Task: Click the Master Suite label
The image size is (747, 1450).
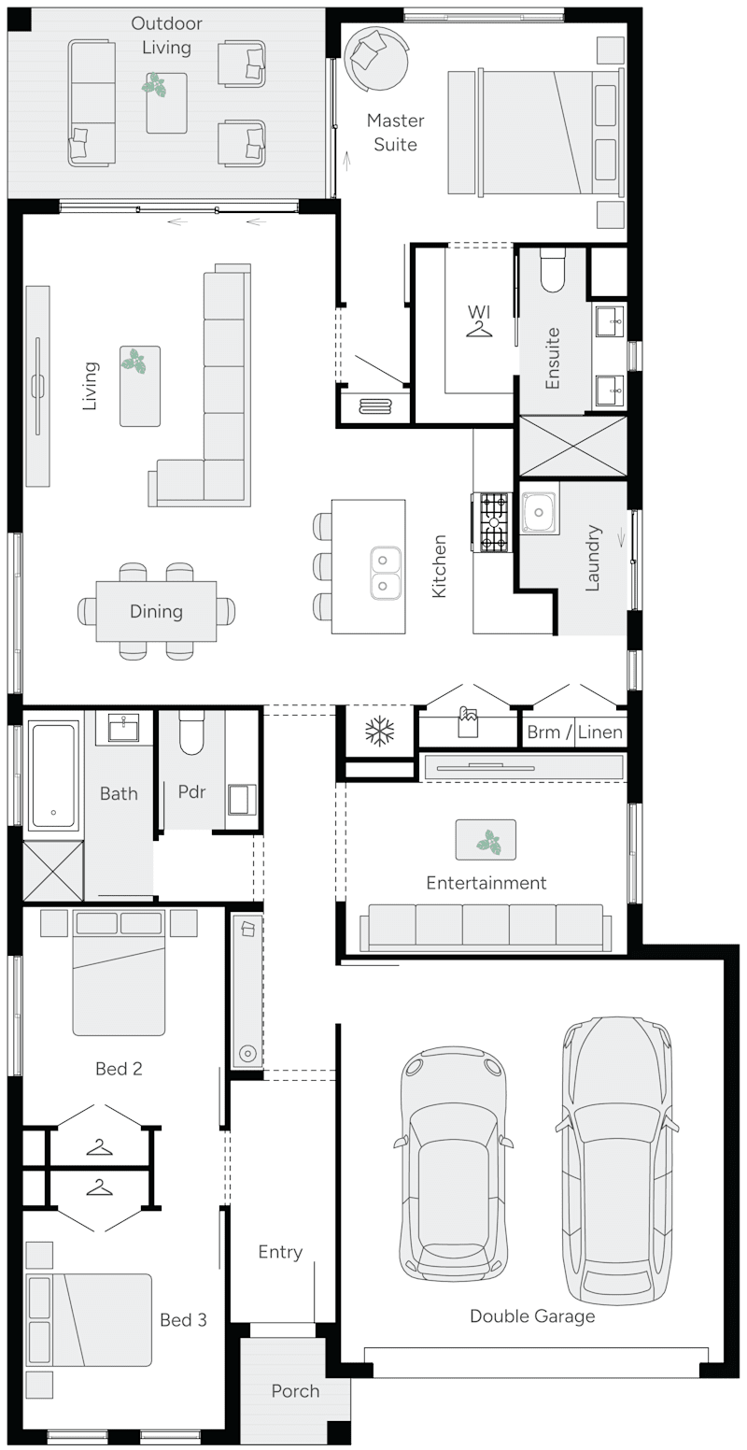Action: coord(395,133)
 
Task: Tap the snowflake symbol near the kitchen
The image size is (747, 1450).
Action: coord(380,732)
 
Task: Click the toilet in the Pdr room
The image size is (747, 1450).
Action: coord(191,734)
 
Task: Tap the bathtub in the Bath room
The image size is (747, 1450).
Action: coord(53,775)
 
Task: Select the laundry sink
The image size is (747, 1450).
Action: coord(540,511)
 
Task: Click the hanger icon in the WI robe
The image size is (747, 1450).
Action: coord(479,330)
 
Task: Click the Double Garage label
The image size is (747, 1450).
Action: coord(532,1316)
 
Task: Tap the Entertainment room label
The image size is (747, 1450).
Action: coord(486,883)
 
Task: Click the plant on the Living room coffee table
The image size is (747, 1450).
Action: coord(139,362)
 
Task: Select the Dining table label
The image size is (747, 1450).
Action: coord(156,612)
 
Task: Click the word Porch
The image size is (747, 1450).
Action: coord(295,1391)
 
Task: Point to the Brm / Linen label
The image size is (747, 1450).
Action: coord(574,732)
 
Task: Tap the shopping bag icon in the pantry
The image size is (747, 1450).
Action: coord(467,721)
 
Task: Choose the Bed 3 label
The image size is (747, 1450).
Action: coord(183,1320)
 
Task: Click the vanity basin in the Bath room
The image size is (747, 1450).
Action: coord(123,726)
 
